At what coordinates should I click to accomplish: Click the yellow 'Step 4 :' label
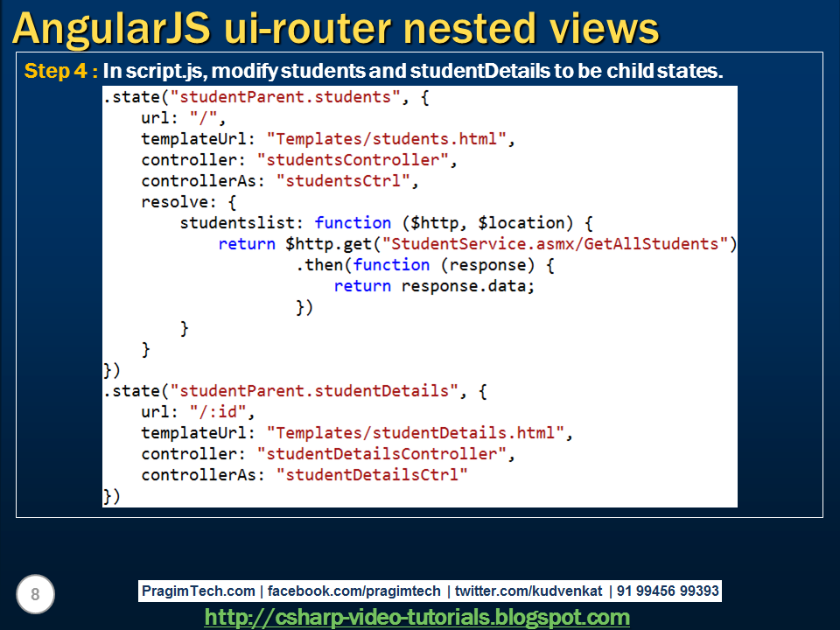(x=61, y=71)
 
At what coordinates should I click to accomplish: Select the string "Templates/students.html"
(x=387, y=138)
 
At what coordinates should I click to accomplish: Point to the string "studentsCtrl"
(x=343, y=181)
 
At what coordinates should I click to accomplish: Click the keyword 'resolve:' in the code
(x=175, y=202)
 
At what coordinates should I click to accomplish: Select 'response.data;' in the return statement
(x=467, y=286)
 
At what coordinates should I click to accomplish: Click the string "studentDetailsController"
(x=381, y=454)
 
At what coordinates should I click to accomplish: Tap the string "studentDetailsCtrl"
(x=372, y=475)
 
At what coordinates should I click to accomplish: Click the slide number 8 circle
(x=35, y=595)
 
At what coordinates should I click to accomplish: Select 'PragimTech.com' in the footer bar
(x=199, y=591)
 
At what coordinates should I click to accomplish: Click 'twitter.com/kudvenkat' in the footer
(x=528, y=591)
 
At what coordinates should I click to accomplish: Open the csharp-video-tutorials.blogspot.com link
(x=417, y=618)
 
